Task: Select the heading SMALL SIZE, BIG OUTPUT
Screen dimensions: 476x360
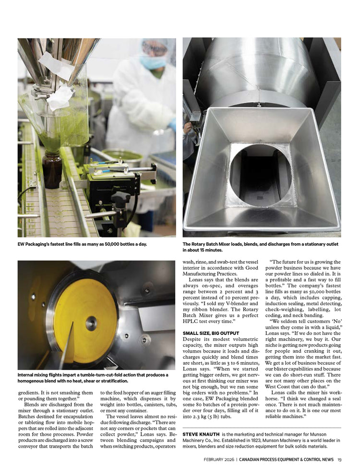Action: [212, 333]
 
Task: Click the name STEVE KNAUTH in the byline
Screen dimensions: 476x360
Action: [201, 434]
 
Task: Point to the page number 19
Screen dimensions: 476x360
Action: [339, 459]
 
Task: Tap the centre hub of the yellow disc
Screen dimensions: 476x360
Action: [91, 323]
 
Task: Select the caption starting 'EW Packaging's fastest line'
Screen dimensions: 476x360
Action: [82, 244]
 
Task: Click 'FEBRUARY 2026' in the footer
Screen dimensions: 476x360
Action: [219, 459]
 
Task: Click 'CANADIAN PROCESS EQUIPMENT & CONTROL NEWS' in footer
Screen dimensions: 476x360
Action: [287, 459]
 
